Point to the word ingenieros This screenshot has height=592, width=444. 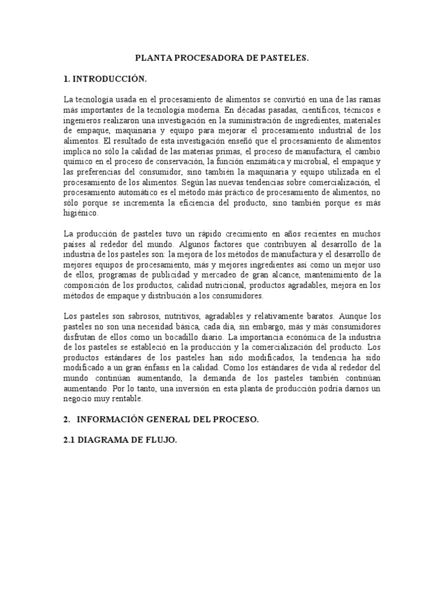(81, 120)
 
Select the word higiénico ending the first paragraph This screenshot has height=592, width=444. (81, 212)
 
